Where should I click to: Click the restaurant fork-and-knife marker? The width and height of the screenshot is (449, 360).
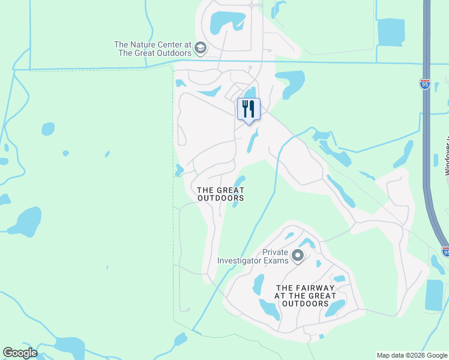click(249, 110)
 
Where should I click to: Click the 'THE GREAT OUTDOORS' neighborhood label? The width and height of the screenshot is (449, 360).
click(221, 194)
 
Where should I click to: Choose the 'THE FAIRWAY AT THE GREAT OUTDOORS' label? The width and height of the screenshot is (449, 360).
click(306, 296)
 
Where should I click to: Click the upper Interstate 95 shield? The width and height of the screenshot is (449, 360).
click(425, 85)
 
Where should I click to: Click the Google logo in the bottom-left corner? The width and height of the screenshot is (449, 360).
click(20, 353)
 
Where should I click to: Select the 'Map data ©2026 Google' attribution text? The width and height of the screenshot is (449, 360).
click(412, 355)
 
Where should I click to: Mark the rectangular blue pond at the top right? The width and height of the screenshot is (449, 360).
click(391, 32)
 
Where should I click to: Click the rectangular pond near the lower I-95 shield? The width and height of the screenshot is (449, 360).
click(433, 295)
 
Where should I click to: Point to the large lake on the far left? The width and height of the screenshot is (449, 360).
click(25, 221)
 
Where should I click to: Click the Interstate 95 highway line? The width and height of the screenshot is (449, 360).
click(426, 150)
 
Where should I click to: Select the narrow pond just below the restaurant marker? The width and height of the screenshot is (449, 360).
click(253, 142)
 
